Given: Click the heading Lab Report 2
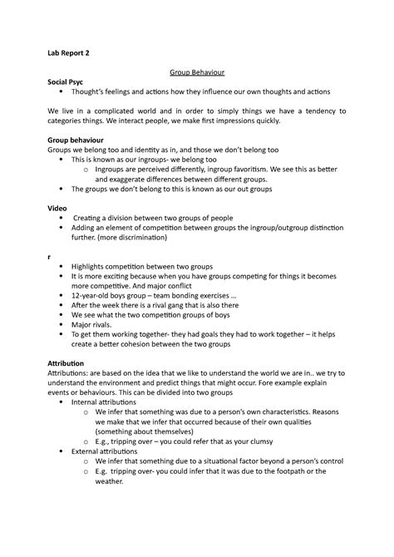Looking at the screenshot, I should [69, 52].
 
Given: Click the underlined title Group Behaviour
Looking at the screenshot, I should [197, 73].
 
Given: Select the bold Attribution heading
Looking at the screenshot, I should [73, 363].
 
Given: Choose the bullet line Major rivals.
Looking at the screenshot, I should [95, 325].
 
